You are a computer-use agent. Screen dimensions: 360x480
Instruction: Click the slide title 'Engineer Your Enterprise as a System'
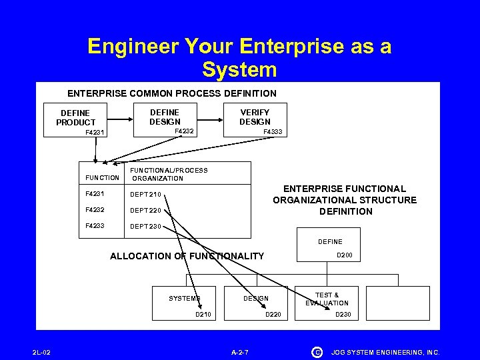(x=239, y=57)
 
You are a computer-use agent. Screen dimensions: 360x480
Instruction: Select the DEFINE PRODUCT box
(x=75, y=118)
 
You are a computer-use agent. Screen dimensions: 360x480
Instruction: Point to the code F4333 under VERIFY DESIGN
(x=273, y=132)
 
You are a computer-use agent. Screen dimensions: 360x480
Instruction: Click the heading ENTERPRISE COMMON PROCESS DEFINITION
(x=172, y=93)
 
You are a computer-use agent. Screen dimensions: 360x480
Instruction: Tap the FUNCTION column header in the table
(x=102, y=178)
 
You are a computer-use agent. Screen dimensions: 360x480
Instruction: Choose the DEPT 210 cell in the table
(x=146, y=195)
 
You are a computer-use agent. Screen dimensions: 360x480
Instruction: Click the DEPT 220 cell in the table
(x=146, y=211)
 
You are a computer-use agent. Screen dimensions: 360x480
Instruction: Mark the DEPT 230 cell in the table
(x=146, y=226)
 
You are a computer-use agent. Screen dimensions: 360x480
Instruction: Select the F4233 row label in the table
(x=96, y=226)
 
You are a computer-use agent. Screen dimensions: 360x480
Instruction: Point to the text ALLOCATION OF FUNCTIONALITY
(x=187, y=256)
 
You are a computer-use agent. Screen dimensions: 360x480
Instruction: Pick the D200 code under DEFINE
(x=345, y=255)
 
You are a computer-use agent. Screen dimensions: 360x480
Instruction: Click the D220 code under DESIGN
(x=275, y=314)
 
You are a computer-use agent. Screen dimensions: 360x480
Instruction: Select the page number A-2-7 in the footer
(x=239, y=351)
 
